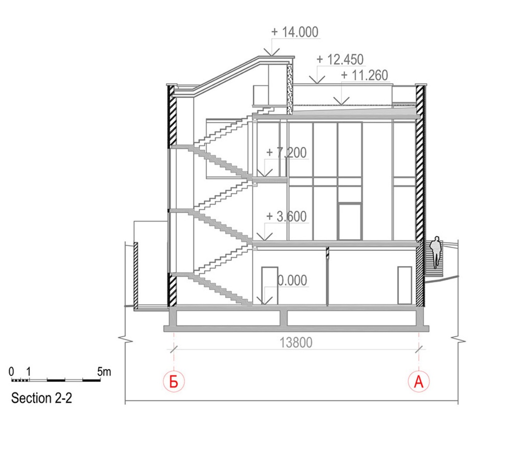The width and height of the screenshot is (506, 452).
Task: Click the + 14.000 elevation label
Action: coord(295,32)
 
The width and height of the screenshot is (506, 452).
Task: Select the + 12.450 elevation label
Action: coord(340,59)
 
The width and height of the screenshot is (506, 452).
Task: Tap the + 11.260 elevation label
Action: coord(364,75)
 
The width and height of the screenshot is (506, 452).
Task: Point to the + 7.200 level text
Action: coord(286,153)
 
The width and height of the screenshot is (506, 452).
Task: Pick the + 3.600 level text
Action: coord(286,217)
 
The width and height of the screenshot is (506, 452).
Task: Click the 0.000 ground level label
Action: coord(293,280)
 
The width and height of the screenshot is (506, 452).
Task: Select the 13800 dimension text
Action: coord(296,342)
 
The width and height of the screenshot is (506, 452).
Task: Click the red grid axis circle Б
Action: coord(174,382)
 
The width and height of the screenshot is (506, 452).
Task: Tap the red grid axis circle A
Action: coord(419,382)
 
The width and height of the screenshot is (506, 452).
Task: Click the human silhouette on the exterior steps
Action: coord(436,252)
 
